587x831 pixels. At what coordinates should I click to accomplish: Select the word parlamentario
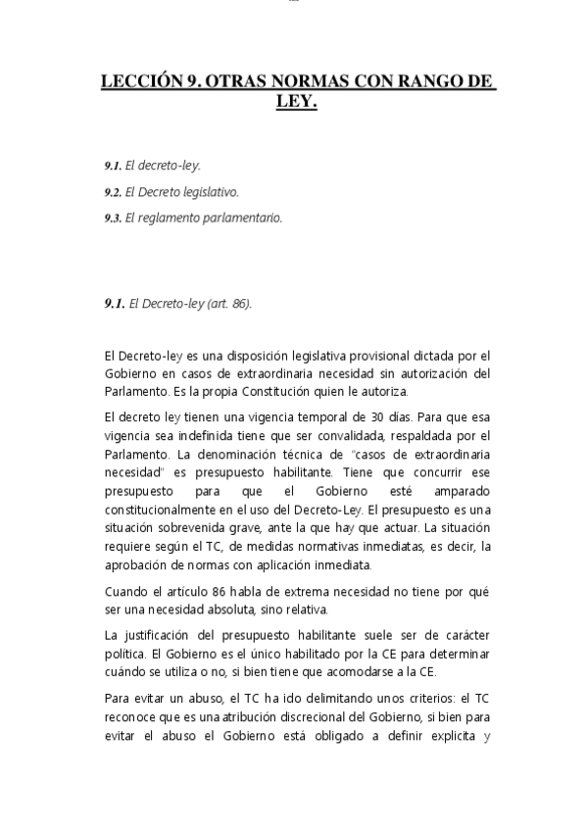pyautogui.click(x=241, y=218)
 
